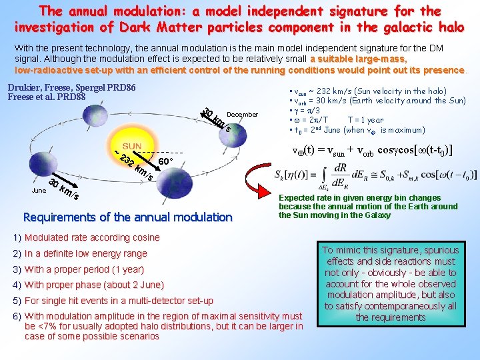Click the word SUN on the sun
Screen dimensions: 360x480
click(x=131, y=145)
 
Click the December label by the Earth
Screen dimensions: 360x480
click(x=242, y=115)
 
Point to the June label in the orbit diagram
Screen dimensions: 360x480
click(x=39, y=190)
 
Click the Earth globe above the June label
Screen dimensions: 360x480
click(x=43, y=175)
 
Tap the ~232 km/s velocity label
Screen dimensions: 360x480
click(x=133, y=165)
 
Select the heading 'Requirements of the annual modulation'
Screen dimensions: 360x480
click(x=127, y=217)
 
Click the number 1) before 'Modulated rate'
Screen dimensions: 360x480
click(x=17, y=237)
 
